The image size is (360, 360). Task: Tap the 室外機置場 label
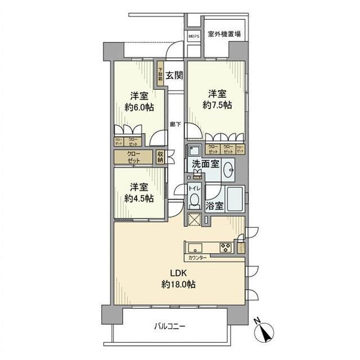pos(224,34)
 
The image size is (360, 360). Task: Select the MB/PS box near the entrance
pos(193,35)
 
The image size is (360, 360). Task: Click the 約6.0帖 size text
pos(139,107)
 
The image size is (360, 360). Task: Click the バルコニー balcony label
pos(169,326)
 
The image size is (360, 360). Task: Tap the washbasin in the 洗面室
pos(229,170)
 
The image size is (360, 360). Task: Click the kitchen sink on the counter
pos(195,247)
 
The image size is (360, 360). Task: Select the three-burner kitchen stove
pos(225,247)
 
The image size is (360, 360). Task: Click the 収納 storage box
pos(160,157)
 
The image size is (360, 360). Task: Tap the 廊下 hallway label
pos(175,125)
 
